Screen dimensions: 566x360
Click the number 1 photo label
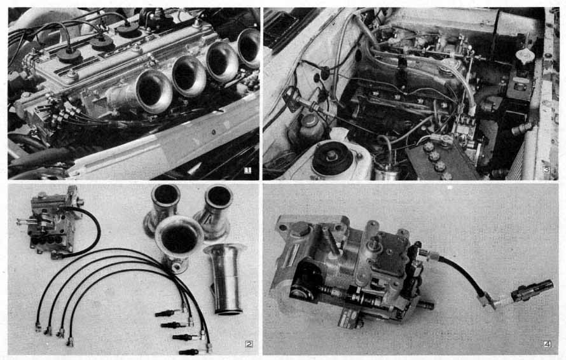coord(247,170)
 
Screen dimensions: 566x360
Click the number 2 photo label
coord(249,343)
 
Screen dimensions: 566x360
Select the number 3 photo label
coord(546,169)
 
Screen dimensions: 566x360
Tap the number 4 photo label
coord(547,344)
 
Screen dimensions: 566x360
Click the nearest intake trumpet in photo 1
coord(154,91)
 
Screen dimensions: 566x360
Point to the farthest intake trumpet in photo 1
coord(249,48)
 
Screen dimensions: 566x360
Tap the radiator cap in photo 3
coord(525,57)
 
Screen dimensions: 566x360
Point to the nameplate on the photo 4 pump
coord(349,318)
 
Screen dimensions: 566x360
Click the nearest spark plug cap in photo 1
coord(69,54)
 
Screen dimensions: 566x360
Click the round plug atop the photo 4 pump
coord(301,230)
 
